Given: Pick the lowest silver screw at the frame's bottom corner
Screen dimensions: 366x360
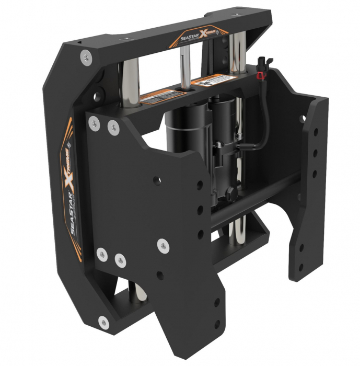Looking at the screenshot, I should (x=103, y=322).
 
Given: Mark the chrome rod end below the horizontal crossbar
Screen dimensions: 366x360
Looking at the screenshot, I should (x=239, y=230).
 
